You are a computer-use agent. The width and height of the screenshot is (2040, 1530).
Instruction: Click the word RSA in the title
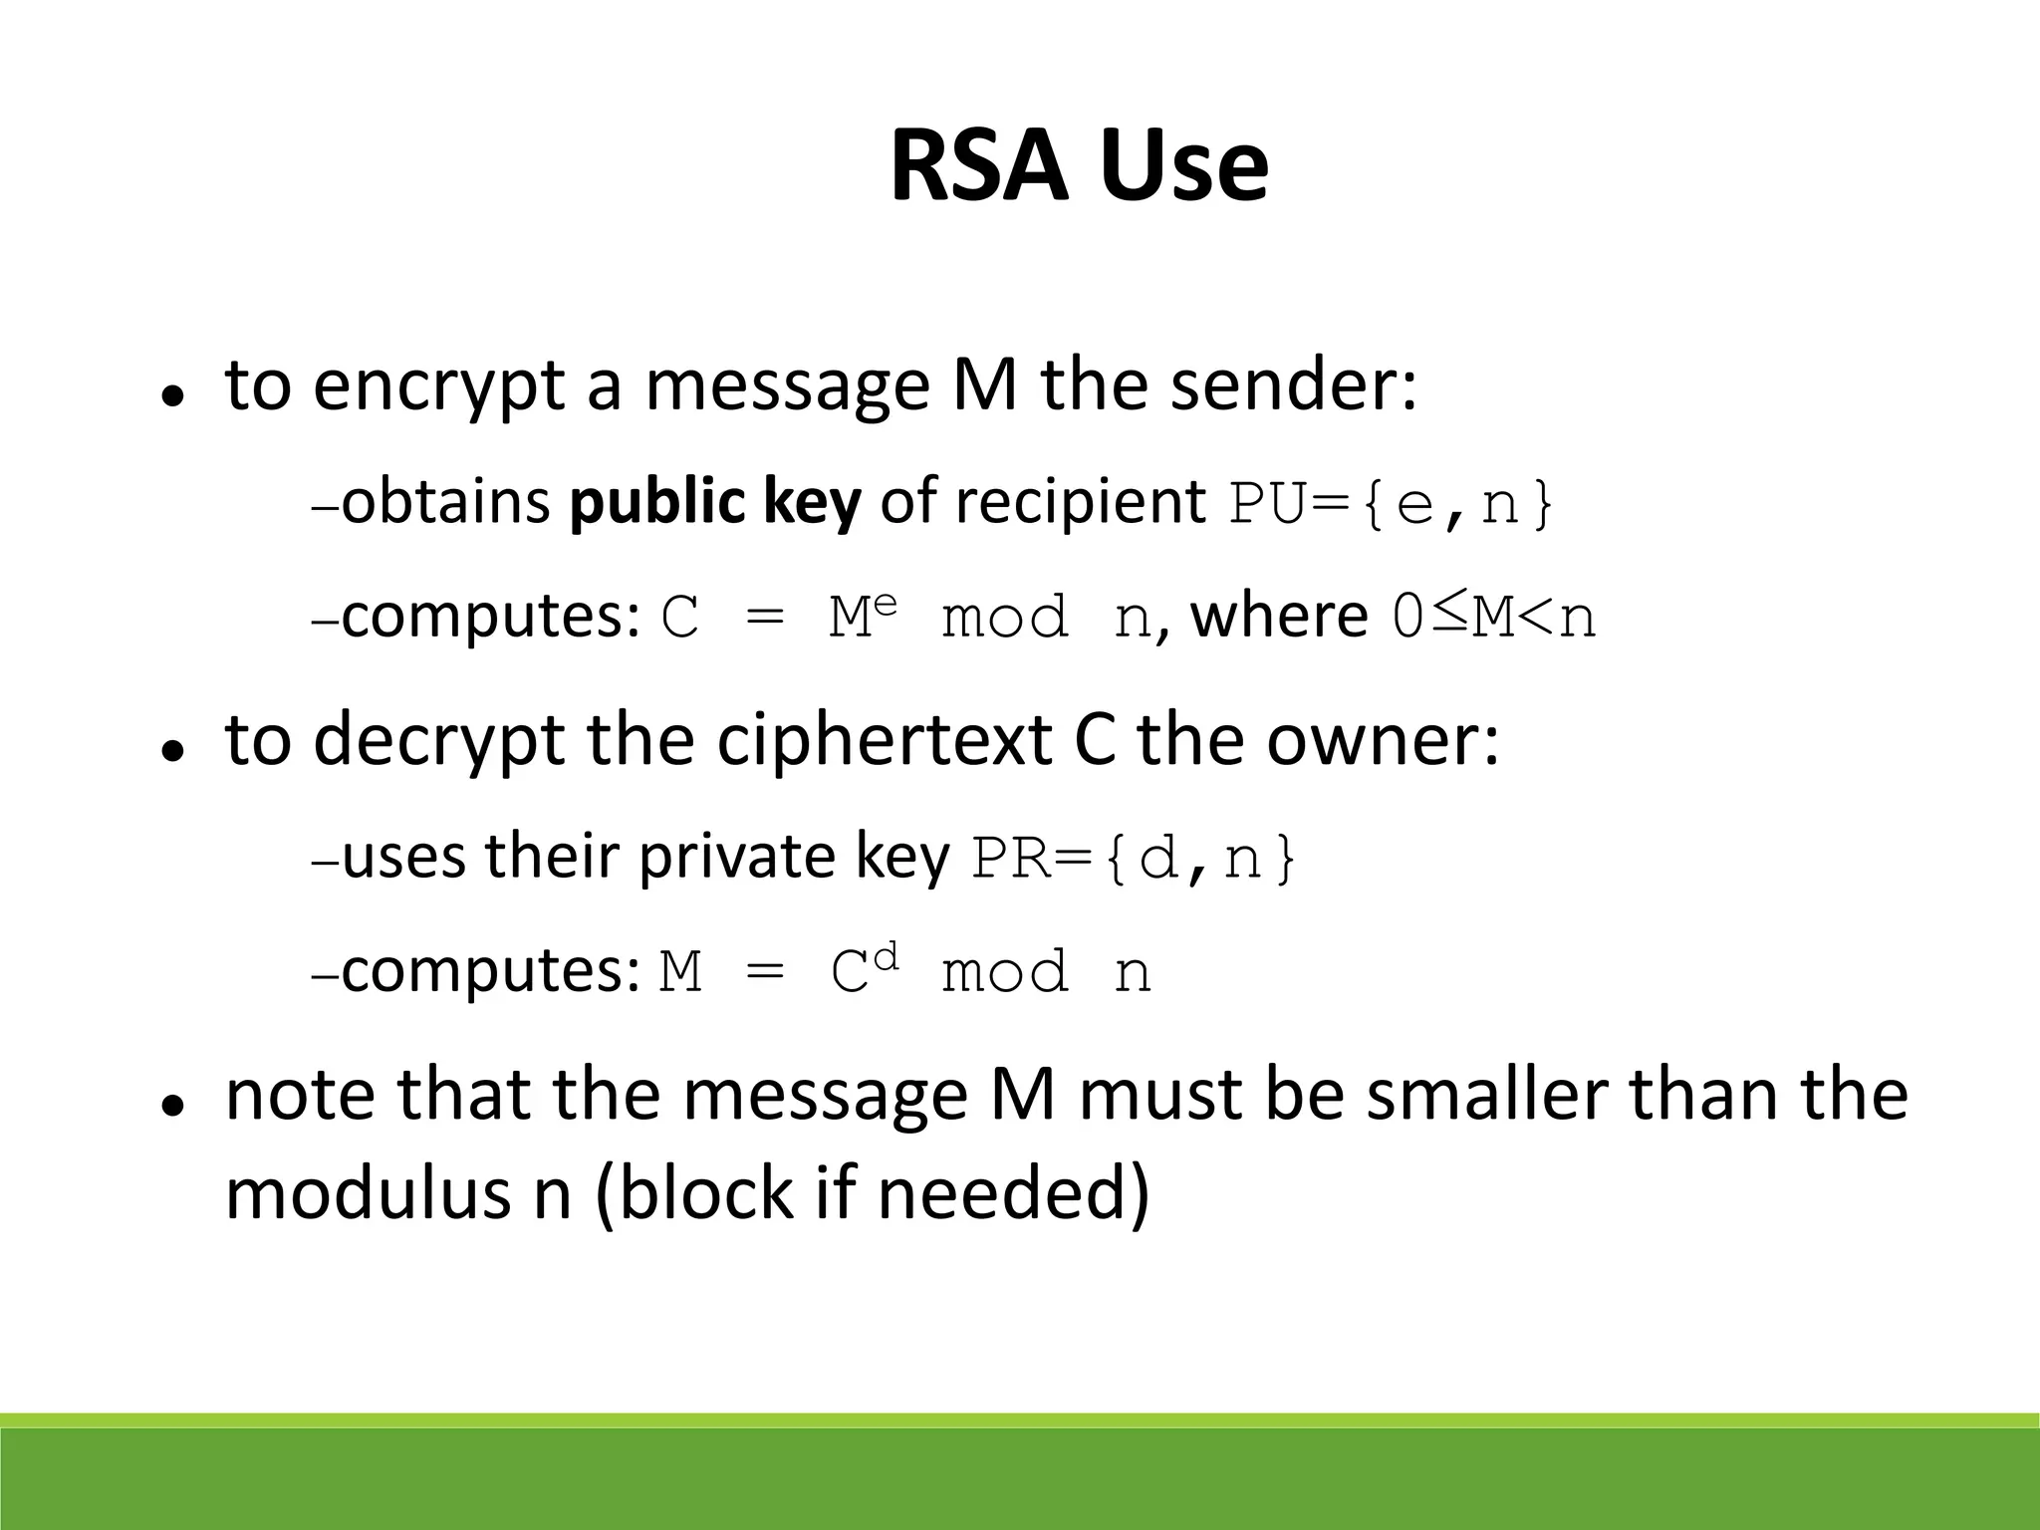(984, 165)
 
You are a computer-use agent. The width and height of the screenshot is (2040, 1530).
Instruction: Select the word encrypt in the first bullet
(438, 386)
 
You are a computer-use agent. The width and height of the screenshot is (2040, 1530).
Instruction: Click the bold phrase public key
(714, 501)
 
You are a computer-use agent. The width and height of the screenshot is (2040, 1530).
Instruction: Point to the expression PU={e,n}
(1391, 504)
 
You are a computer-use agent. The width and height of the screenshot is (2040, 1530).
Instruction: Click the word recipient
(1081, 501)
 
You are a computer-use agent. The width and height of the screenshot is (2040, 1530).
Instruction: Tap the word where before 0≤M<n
(1279, 616)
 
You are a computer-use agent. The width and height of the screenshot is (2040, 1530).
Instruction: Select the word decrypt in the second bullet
(438, 741)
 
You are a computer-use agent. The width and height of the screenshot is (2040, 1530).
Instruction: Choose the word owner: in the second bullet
(1383, 741)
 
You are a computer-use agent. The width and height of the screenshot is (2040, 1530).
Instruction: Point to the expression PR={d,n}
(1135, 859)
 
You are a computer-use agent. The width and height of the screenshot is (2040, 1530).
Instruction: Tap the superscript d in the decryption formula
(887, 957)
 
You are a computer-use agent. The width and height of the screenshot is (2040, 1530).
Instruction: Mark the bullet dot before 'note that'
(174, 1106)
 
